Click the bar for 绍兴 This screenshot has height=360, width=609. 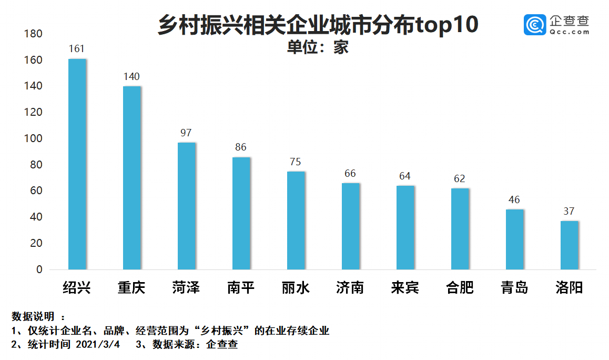point(77,164)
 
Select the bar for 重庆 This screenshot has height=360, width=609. point(132,178)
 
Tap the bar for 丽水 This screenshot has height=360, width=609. point(296,221)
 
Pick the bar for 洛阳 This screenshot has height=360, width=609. point(570,245)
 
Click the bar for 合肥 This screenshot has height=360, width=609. point(460,229)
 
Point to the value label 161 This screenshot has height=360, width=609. point(77,49)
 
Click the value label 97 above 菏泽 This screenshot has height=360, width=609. point(186,133)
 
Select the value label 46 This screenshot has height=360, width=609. point(514,200)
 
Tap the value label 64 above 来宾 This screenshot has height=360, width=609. point(405,176)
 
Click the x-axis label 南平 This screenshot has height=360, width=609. point(241,287)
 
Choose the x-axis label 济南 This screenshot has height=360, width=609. point(350,287)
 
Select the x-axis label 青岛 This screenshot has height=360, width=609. point(514,287)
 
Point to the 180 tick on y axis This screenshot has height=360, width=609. point(33,34)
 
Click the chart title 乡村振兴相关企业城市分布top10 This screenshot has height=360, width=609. point(318,25)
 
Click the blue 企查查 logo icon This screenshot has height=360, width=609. point(535,25)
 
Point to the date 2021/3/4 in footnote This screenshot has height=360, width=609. point(98,345)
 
